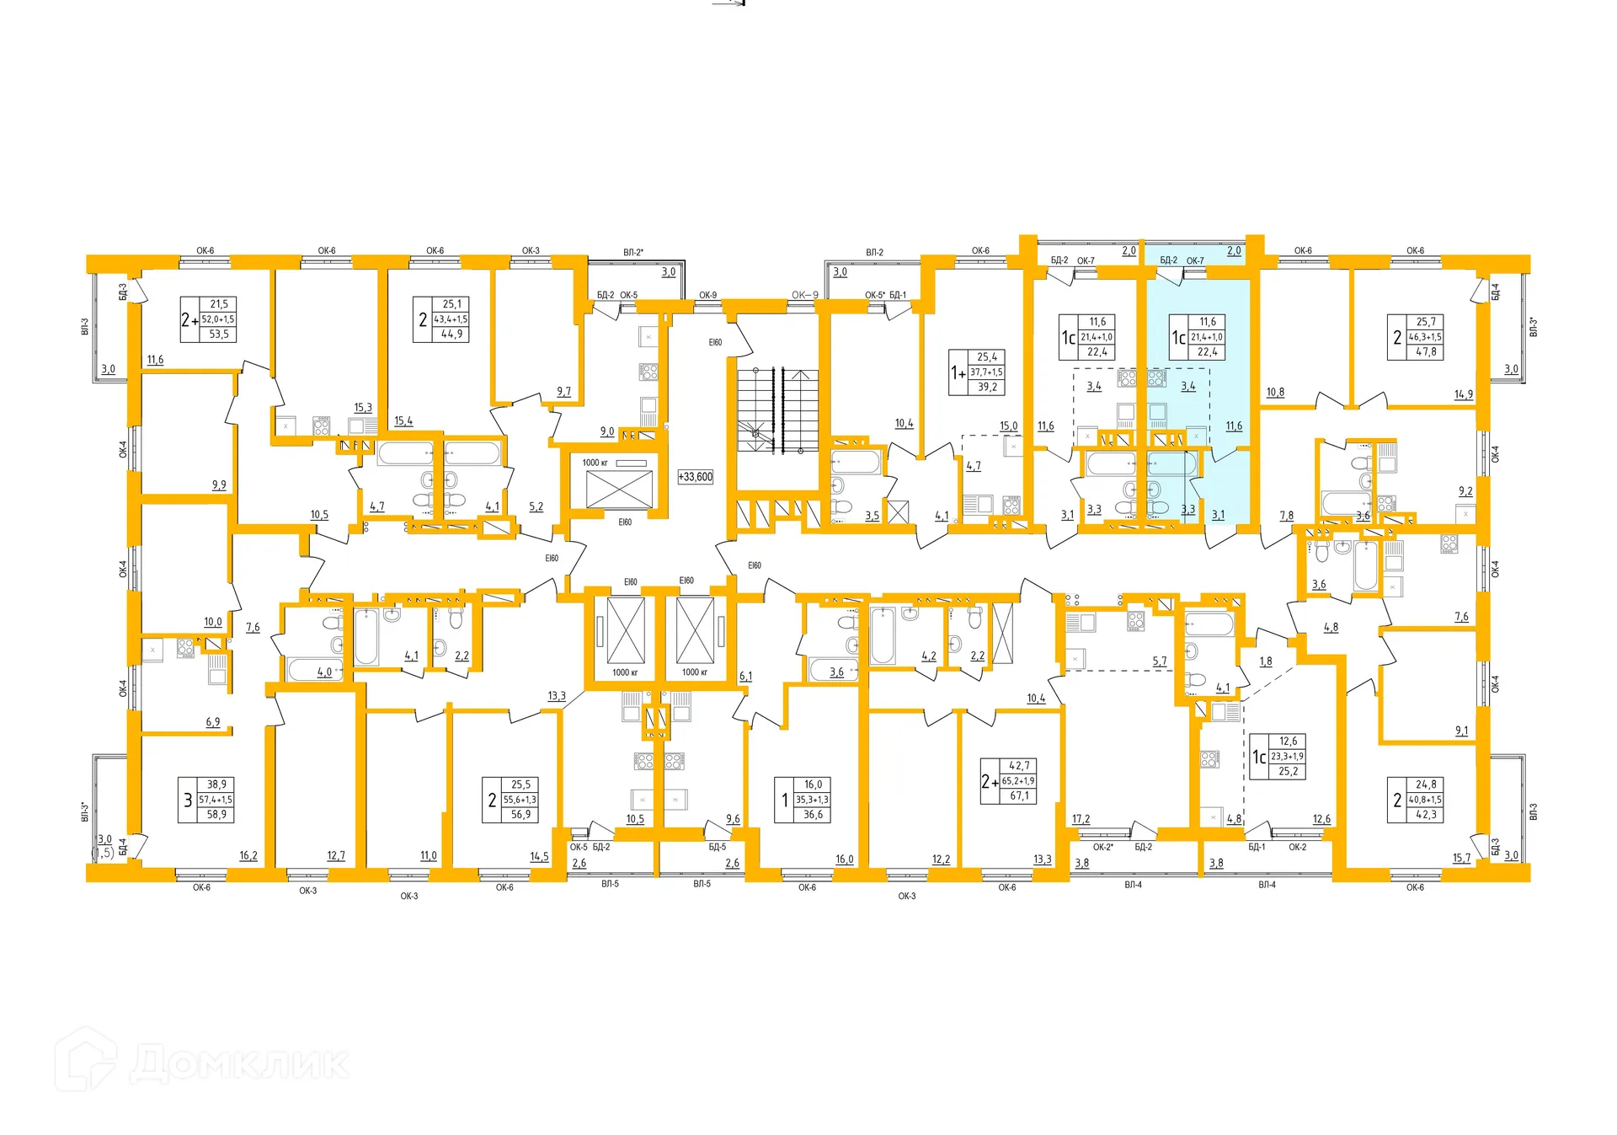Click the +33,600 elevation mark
point(696,477)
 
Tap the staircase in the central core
point(777,410)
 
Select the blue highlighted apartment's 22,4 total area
point(1207,352)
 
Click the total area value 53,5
point(219,335)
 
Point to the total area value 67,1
point(1019,796)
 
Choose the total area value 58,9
point(216,815)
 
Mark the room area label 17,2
point(1081,819)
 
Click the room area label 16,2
point(248,855)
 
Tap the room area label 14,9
point(1464,394)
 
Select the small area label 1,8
point(1266,661)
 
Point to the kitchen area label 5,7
point(1160,661)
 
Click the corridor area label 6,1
point(745,676)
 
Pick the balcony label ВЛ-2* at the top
point(633,252)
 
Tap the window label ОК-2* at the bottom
point(1103,847)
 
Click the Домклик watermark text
point(240,1063)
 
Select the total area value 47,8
point(1426,352)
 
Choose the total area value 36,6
point(813,815)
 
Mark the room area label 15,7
point(1461,858)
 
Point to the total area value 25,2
point(1288,772)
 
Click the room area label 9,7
point(563,392)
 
